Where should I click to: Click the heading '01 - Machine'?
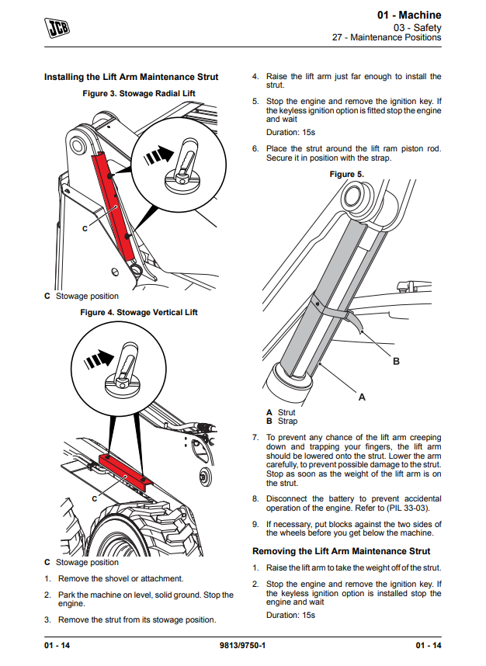409,15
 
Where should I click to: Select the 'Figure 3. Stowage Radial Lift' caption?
139,93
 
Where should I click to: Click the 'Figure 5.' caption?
346,174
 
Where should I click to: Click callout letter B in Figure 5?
396,362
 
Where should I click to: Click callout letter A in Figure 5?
361,397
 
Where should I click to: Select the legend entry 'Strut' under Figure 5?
286,413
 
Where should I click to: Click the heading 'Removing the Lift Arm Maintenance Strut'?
342,551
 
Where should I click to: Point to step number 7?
255,438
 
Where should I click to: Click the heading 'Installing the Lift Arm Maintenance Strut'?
131,77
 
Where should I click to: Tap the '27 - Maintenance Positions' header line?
387,37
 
